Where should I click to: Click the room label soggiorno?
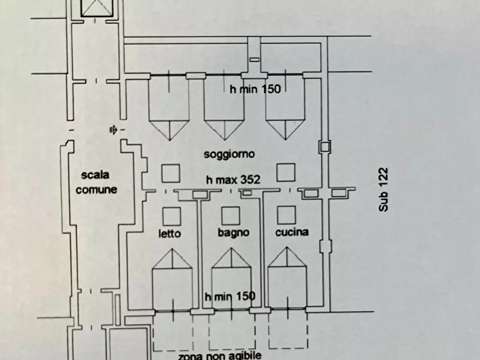229,155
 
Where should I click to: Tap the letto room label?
170,234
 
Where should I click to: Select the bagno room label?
233,233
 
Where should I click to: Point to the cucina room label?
291,233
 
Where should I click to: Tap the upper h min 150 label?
255,90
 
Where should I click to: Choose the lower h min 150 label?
230,296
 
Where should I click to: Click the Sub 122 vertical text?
384,190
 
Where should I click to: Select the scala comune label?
96,182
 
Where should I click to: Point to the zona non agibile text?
220,355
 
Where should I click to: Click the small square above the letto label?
171,216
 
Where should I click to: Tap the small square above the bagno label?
231,215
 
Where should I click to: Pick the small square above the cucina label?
286,215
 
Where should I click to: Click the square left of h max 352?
171,173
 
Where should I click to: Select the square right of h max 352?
286,172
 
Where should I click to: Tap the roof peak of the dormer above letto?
172,249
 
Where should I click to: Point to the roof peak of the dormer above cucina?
288,249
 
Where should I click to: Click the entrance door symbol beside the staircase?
113,129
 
